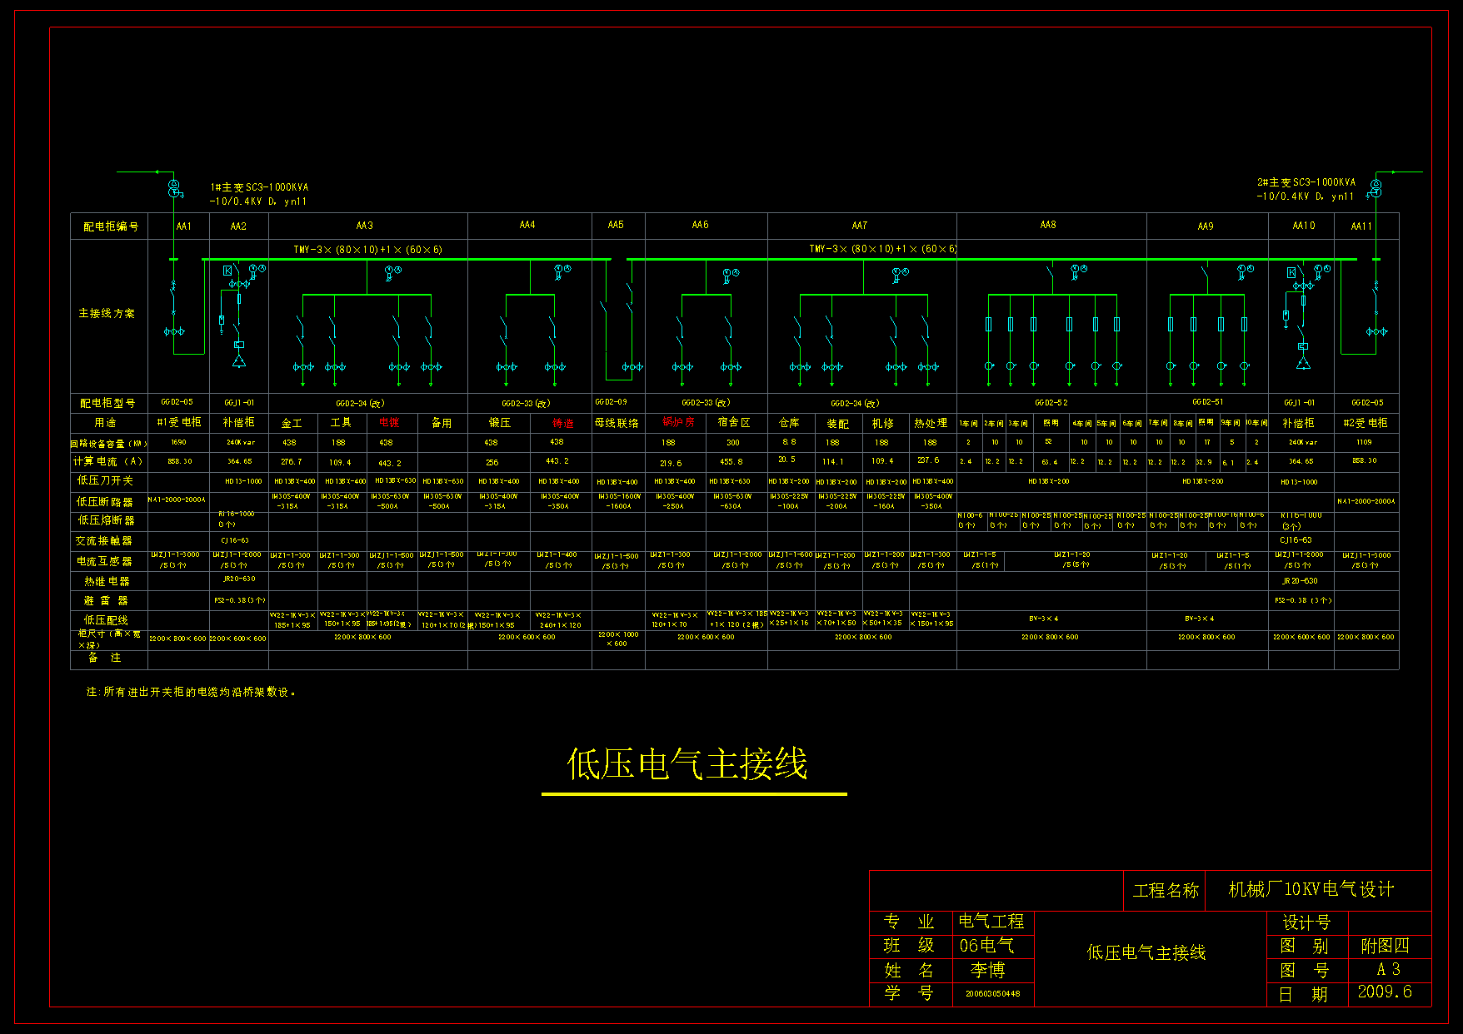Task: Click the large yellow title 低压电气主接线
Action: [687, 764]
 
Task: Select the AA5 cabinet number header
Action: [616, 225]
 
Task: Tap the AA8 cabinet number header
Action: [1048, 225]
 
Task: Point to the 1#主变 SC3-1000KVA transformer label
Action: [259, 187]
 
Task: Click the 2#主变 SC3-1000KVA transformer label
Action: [1306, 182]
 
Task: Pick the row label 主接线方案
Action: [107, 314]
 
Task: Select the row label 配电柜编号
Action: [111, 226]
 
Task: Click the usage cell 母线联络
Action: [617, 423]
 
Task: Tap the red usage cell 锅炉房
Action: [678, 422]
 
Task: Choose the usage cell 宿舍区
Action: [734, 422]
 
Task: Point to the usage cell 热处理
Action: [931, 423]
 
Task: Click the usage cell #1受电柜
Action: [179, 422]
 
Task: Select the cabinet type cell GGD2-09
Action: [611, 402]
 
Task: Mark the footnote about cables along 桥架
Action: [192, 692]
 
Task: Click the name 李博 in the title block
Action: [987, 970]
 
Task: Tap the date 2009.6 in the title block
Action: [1385, 992]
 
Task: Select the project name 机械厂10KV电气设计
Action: [1311, 889]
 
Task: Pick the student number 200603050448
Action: [992, 993]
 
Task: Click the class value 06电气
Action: [986, 946]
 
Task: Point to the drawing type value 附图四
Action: [1385, 946]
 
